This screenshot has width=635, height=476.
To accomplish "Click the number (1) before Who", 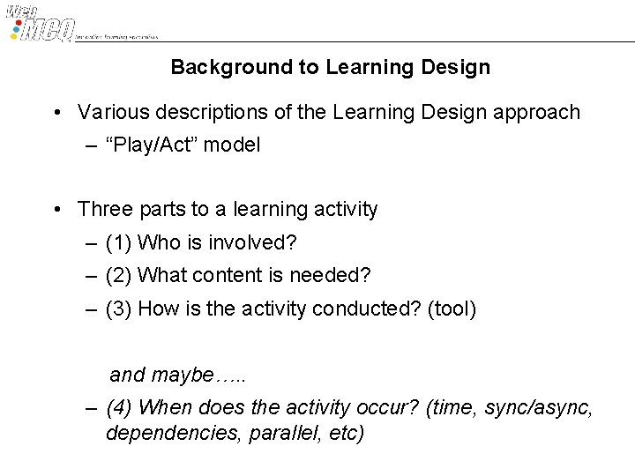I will [119, 242].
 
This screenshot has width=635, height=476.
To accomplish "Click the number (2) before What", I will [119, 276].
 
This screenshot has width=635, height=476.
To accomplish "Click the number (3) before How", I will [119, 309].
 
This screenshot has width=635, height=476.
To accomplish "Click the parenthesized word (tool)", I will [450, 309].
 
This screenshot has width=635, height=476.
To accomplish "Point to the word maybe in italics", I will [183, 376].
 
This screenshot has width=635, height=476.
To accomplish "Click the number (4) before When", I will [119, 408].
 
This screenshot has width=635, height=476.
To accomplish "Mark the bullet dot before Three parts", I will [56, 210].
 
